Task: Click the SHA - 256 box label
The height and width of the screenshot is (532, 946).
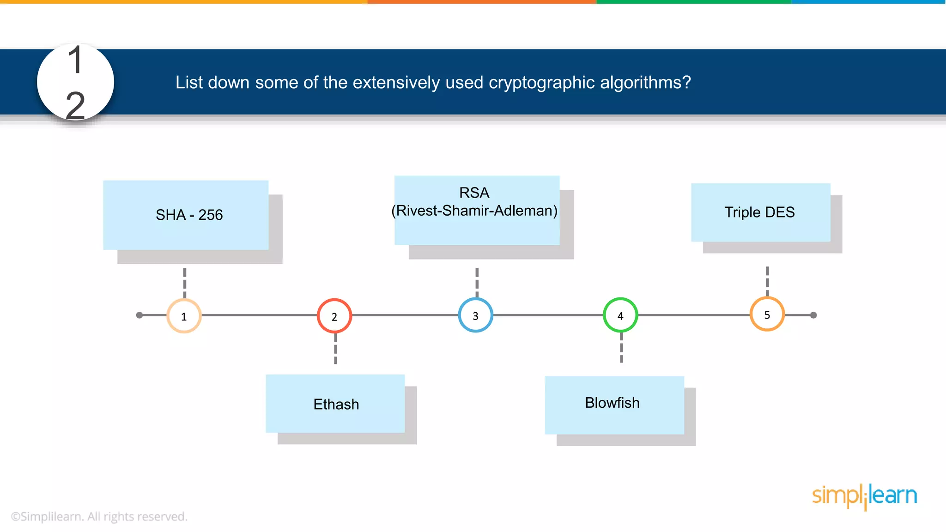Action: [189, 215]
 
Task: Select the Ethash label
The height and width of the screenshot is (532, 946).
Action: [336, 404]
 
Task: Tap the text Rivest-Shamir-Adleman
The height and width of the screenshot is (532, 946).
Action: [474, 211]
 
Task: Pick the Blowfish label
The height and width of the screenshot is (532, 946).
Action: [612, 403]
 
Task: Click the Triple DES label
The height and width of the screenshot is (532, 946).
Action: [759, 212]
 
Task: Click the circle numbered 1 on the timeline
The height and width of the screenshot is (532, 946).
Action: [184, 316]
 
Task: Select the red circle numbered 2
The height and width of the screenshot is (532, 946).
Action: [334, 316]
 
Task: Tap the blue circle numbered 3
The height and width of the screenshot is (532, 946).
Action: [475, 315]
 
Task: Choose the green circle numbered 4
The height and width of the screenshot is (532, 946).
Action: [620, 315]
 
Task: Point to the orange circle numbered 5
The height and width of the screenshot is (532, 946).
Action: [767, 314]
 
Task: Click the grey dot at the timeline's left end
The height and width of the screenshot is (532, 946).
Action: [139, 315]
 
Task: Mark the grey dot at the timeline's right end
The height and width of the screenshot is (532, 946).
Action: [813, 315]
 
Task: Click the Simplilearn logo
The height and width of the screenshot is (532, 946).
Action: [864, 496]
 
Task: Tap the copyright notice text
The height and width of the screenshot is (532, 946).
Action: [99, 516]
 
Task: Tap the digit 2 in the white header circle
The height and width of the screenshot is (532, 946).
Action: [75, 105]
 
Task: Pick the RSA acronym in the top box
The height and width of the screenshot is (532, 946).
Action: [474, 193]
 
